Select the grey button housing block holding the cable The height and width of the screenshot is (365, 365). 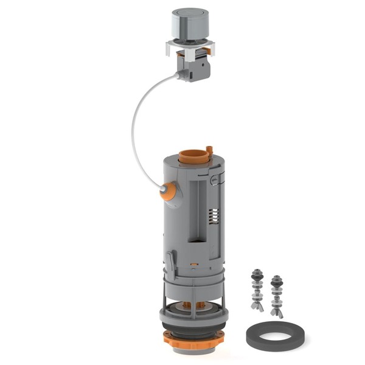[196, 67]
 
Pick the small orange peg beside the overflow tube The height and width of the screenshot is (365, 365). [209, 150]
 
